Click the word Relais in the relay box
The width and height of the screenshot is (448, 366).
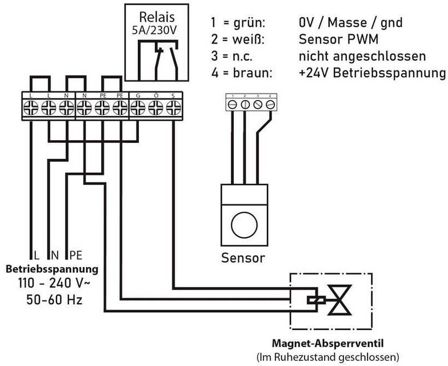156,18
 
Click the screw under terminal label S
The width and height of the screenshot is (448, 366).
173,106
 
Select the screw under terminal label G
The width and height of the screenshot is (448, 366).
138,106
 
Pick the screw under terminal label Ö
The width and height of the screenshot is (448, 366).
155,106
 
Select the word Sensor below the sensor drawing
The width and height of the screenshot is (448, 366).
243,258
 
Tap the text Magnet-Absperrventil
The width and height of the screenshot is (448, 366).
326,344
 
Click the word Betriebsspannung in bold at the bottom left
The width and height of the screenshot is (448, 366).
51,268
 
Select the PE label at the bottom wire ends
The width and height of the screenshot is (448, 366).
75,254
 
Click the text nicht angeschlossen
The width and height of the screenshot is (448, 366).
362,56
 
